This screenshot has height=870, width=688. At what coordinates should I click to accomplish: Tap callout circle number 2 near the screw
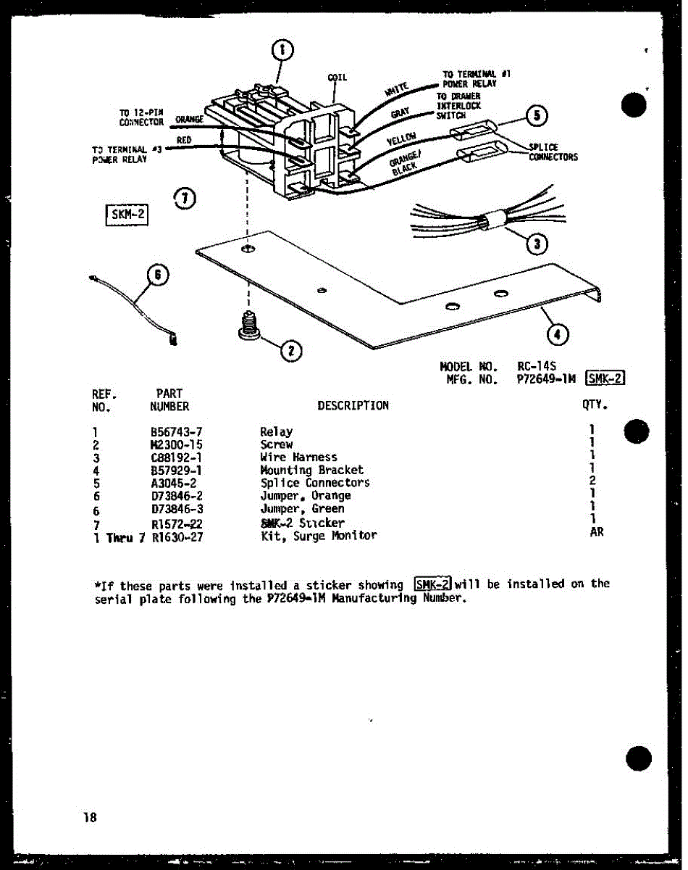[x=290, y=351]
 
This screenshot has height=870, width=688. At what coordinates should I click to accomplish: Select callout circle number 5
[x=536, y=116]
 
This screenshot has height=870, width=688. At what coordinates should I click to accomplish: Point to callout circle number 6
[x=159, y=275]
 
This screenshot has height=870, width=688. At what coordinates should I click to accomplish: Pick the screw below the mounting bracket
[x=249, y=327]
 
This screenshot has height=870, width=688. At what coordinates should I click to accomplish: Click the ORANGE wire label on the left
[x=188, y=119]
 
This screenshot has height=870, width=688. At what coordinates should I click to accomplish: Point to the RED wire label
[x=183, y=139]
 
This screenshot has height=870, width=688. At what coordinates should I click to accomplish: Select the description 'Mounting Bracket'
[x=311, y=470]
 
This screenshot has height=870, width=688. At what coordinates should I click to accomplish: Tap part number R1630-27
[x=178, y=536]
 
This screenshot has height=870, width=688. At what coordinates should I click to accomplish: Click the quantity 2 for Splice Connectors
[x=592, y=481]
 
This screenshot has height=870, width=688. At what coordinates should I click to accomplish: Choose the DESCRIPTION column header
[x=353, y=406]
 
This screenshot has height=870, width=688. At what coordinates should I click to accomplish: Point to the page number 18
[x=90, y=817]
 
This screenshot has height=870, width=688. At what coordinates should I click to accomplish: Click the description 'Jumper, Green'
[x=302, y=508]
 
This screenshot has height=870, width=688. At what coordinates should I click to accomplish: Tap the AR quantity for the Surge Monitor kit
[x=596, y=532]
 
